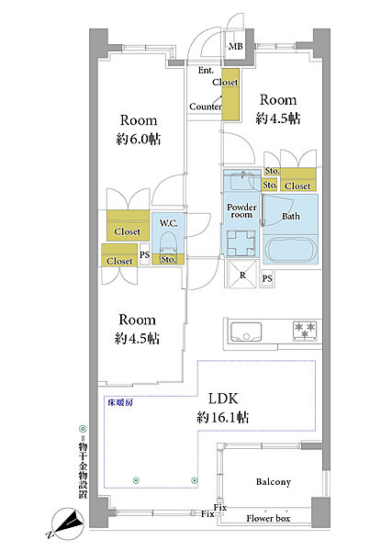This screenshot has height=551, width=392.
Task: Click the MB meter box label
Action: pos(235,46)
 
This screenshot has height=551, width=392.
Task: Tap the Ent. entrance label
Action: pos(206,71)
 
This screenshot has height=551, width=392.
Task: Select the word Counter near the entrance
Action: pos(206,107)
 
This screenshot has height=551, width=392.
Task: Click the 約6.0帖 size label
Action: pos(139,140)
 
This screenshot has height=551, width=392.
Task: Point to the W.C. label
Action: pos(168,223)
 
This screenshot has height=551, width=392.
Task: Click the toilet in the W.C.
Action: pos(168,243)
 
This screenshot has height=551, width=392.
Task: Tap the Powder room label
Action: pos(241,211)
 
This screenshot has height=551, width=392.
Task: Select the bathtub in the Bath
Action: pos(290,250)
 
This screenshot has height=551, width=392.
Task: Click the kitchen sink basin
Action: pos(246,332)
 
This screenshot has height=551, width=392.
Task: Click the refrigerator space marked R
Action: pos(242,275)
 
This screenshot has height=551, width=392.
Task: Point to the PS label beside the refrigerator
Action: pos(267,278)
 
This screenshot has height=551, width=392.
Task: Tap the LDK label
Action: pos(223,399)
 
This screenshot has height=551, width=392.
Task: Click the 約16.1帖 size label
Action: pos(223,417)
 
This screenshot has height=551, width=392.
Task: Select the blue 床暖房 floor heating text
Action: pos(120,403)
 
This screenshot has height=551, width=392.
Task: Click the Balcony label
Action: pos(274,482)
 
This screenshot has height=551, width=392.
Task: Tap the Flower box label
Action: pos(268,518)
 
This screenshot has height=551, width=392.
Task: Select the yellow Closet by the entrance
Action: pos(230,96)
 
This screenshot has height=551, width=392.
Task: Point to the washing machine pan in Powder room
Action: pos(241,243)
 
